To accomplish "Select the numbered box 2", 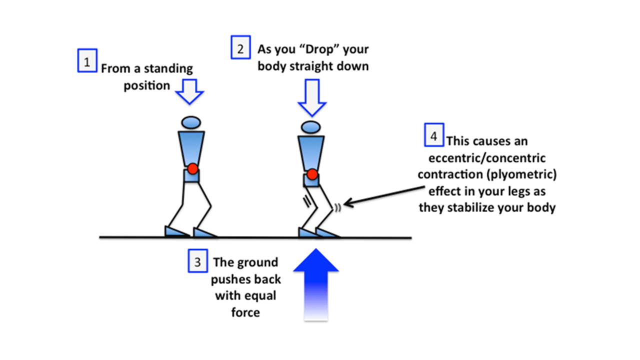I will [240, 48].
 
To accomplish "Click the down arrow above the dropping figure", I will [312, 98].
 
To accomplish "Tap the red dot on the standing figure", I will [192, 168].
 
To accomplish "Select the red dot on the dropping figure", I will [312, 174].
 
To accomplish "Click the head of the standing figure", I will [190, 121].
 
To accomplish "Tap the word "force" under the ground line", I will [245, 312].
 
